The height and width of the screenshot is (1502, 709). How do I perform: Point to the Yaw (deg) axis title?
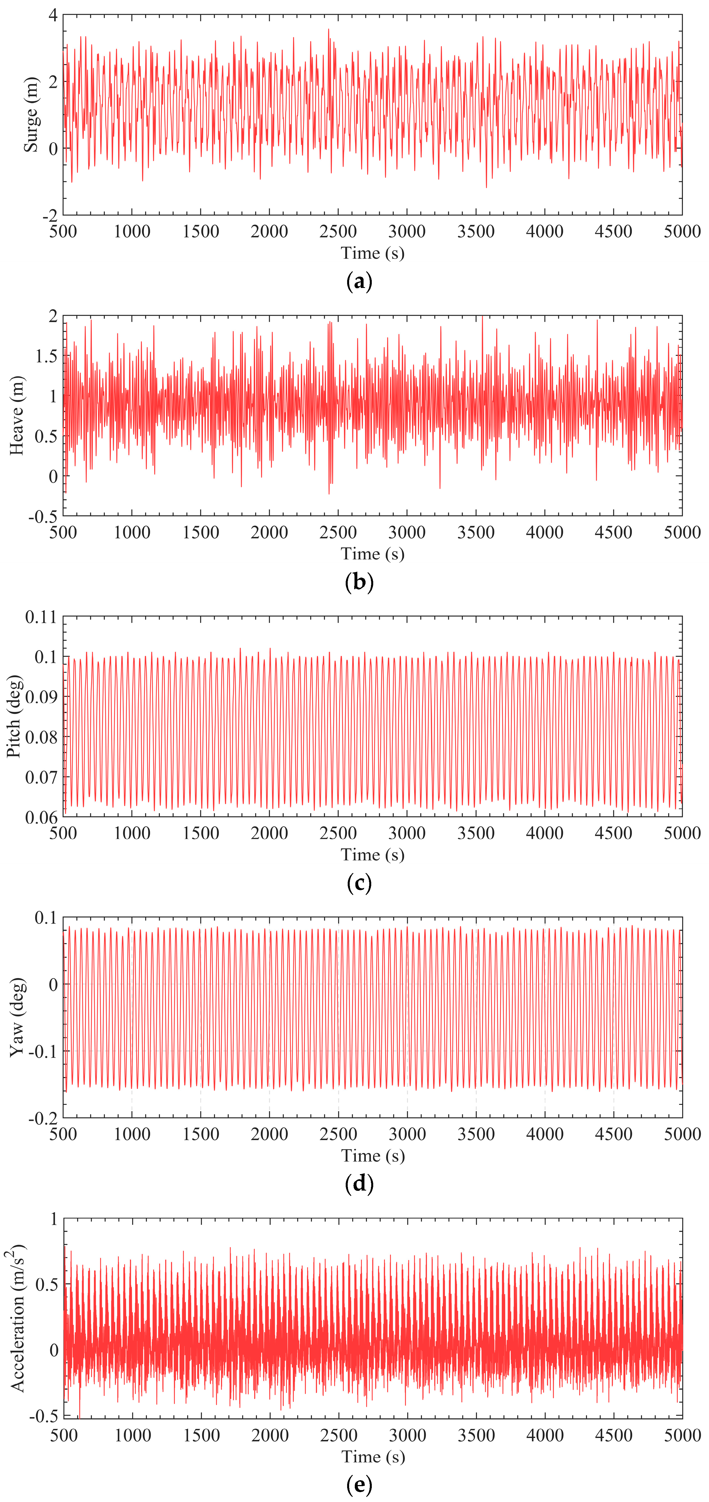[17, 1018]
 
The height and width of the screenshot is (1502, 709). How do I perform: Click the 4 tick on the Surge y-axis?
[53, 16]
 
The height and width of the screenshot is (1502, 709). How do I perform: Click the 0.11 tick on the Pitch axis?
[41, 617]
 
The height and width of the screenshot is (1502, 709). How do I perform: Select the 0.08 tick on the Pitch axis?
[41, 737]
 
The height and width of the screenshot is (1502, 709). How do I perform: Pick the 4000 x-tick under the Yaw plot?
[544, 1134]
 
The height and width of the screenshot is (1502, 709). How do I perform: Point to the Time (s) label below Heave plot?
[372, 553]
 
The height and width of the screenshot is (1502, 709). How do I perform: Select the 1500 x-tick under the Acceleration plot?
[201, 1435]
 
